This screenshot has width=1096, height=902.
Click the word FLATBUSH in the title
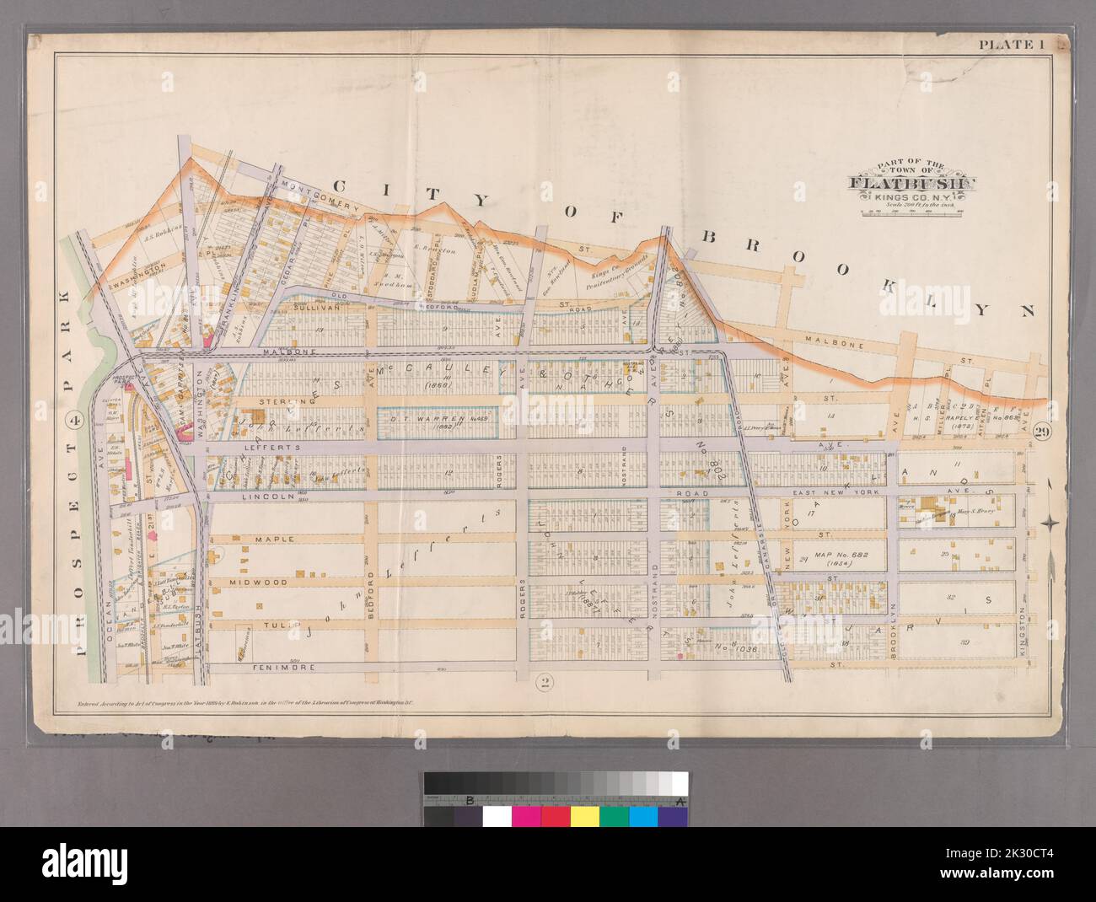click(x=912, y=184)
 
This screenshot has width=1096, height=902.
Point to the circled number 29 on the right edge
click(x=1044, y=431)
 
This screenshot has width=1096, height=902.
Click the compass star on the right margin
click(x=1050, y=523)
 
